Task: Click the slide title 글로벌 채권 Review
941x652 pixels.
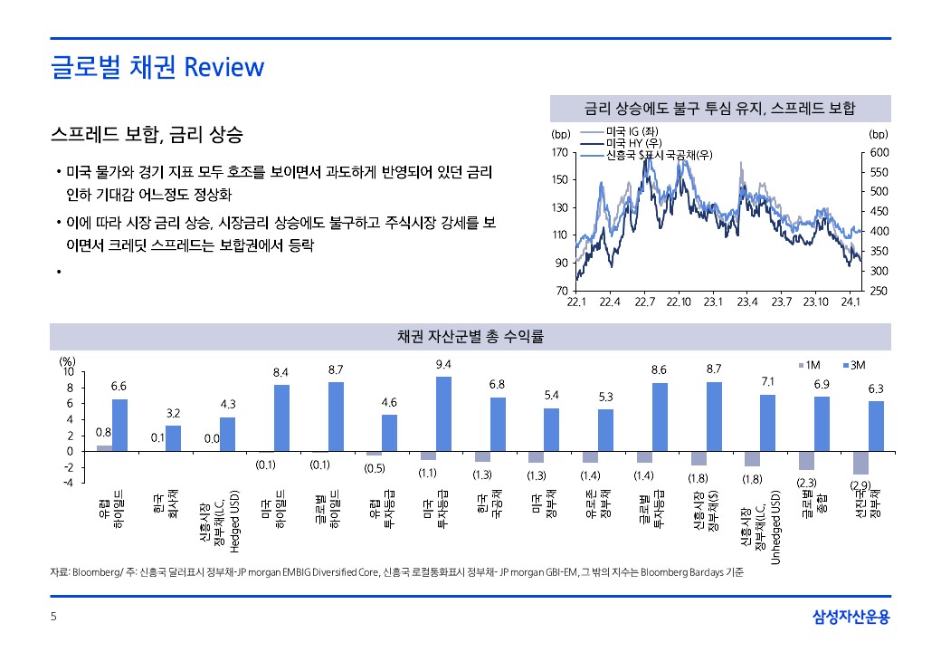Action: pyautogui.click(x=157, y=67)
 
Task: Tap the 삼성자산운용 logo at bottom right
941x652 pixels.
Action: pyautogui.click(x=851, y=618)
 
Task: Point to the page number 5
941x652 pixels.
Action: pyautogui.click(x=53, y=618)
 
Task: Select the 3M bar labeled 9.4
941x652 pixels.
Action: pyautogui.click(x=443, y=414)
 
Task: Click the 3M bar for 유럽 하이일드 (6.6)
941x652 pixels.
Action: pyautogui.click(x=119, y=425)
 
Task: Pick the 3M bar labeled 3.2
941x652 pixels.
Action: pyautogui.click(x=173, y=438)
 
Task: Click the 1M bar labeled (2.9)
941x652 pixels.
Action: pyautogui.click(x=860, y=463)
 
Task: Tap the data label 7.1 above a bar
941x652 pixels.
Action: pyautogui.click(x=767, y=381)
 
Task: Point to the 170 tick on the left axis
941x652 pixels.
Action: pyautogui.click(x=558, y=153)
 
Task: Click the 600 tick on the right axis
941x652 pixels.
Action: pyautogui.click(x=880, y=153)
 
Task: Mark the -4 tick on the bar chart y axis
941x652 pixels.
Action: pyautogui.click(x=68, y=482)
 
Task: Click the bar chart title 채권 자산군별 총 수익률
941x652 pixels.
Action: pyautogui.click(x=470, y=337)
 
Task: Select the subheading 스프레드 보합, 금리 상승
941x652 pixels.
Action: pyautogui.click(x=147, y=136)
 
